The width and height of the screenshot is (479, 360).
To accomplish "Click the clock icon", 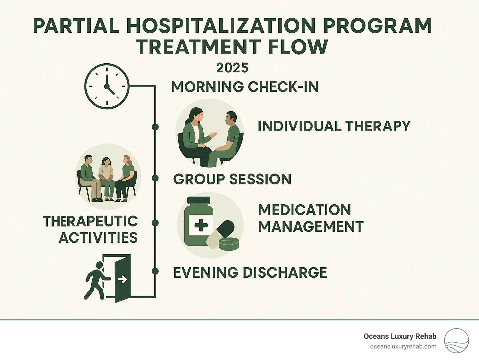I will (107, 86).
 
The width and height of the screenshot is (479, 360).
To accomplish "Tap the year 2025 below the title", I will (232, 68).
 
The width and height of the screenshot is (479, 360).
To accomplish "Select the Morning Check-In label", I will (245, 87).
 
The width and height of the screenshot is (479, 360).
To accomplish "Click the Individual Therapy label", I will (334, 126).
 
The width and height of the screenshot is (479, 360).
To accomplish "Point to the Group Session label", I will (232, 179).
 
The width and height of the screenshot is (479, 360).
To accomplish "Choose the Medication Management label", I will (311, 218).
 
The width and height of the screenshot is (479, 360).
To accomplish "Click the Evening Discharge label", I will (250, 273).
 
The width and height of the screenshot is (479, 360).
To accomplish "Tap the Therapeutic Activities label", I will (90, 229).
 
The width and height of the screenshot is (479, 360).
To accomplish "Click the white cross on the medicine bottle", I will (201, 225).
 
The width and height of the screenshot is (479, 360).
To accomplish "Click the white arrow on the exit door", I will (122, 279).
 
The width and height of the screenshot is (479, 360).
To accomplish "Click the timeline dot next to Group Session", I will (155, 178).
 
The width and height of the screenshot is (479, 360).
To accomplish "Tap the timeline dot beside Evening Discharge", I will (155, 271).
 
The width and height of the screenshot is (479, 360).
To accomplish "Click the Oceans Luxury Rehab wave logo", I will (456, 341).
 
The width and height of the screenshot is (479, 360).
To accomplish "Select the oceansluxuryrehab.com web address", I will (403, 347).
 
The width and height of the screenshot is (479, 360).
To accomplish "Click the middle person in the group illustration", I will (106, 178).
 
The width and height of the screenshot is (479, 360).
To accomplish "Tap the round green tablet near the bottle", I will (229, 244).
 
